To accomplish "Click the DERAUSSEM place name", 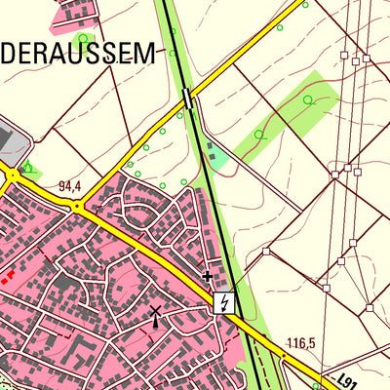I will pyautogui.click(x=78, y=54).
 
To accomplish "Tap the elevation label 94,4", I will pyautogui.click(x=69, y=185).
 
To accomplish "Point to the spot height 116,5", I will pyautogui.click(x=302, y=343).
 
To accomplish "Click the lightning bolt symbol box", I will pyautogui.click(x=225, y=303).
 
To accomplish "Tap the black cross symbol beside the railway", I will pyautogui.click(x=207, y=277).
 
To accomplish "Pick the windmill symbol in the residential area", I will pyautogui.click(x=155, y=314).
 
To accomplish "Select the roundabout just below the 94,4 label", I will pyautogui.click(x=76, y=206).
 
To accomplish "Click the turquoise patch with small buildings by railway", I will pyautogui.click(x=217, y=154).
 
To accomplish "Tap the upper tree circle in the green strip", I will pyautogui.click(x=308, y=99).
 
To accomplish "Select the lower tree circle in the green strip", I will pyautogui.click(x=258, y=135).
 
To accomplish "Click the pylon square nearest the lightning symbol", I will pyautogui.click(x=265, y=252).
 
